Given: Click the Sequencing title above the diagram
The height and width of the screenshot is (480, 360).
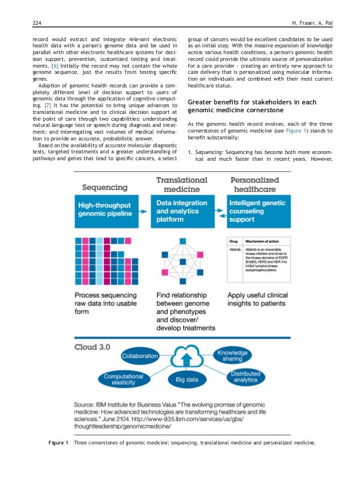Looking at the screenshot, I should [x=105, y=187].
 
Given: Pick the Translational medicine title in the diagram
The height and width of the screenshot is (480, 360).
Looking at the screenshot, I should [x=182, y=184].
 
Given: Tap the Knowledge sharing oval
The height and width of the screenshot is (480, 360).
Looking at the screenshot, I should [x=233, y=355].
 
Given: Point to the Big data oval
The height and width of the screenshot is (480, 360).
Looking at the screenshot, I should [x=187, y=380].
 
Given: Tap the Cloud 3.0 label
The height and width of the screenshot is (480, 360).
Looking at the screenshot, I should [x=92, y=346].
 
